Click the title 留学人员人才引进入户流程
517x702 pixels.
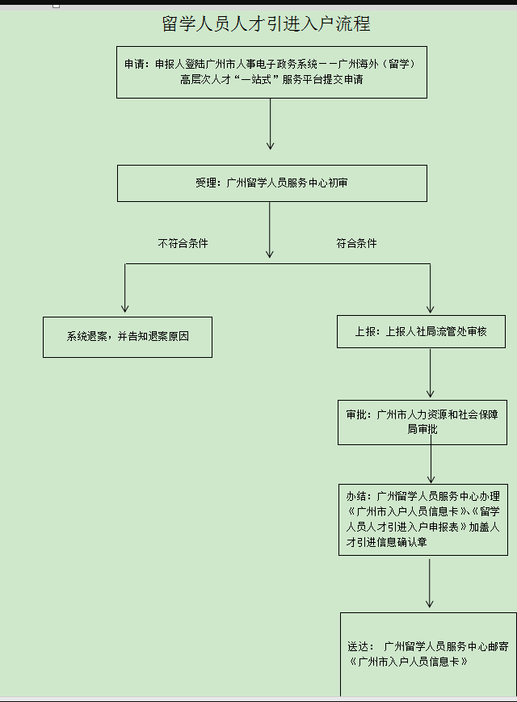(x=266, y=23)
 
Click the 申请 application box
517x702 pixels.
(x=271, y=72)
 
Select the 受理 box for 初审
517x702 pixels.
(x=272, y=183)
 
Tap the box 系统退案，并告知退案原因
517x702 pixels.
(x=128, y=337)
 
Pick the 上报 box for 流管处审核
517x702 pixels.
(x=421, y=331)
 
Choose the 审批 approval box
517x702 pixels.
(x=422, y=422)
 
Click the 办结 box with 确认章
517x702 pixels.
(x=423, y=519)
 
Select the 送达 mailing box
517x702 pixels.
(x=428, y=654)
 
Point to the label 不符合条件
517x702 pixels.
(x=183, y=243)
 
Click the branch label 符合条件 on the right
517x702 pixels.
(x=356, y=243)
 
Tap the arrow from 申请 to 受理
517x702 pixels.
(x=270, y=124)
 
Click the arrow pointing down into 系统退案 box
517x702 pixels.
(x=125, y=288)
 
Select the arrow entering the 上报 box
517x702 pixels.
(x=431, y=288)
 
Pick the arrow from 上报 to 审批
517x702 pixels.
(x=431, y=373)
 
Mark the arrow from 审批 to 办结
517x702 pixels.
(x=431, y=459)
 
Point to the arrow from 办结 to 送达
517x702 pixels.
(x=429, y=583)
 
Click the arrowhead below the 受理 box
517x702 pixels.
(x=270, y=254)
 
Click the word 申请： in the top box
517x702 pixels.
(x=137, y=64)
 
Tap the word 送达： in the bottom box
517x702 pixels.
(x=361, y=646)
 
